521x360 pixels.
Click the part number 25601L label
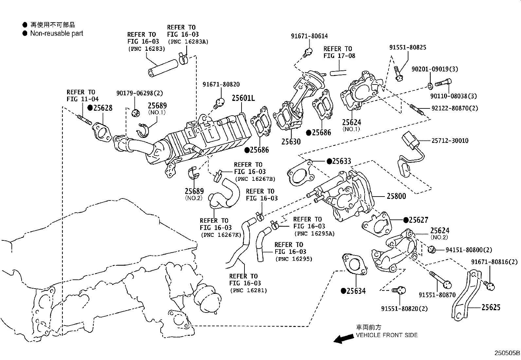click(243, 98)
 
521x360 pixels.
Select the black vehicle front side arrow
click(341, 339)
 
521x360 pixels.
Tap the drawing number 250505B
click(507, 353)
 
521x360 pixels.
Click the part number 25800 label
click(396, 196)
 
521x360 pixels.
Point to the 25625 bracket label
click(491, 307)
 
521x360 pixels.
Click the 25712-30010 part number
click(449, 141)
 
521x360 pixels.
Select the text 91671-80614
click(309, 36)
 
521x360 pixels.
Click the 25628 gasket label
click(102, 108)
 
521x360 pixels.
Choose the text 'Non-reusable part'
click(57, 33)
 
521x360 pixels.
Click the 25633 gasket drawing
click(299, 174)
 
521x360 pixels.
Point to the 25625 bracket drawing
click(466, 295)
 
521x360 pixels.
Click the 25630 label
click(291, 142)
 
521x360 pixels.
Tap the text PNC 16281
click(248, 290)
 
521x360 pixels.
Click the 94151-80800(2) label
click(469, 250)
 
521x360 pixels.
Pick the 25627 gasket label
click(419, 220)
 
